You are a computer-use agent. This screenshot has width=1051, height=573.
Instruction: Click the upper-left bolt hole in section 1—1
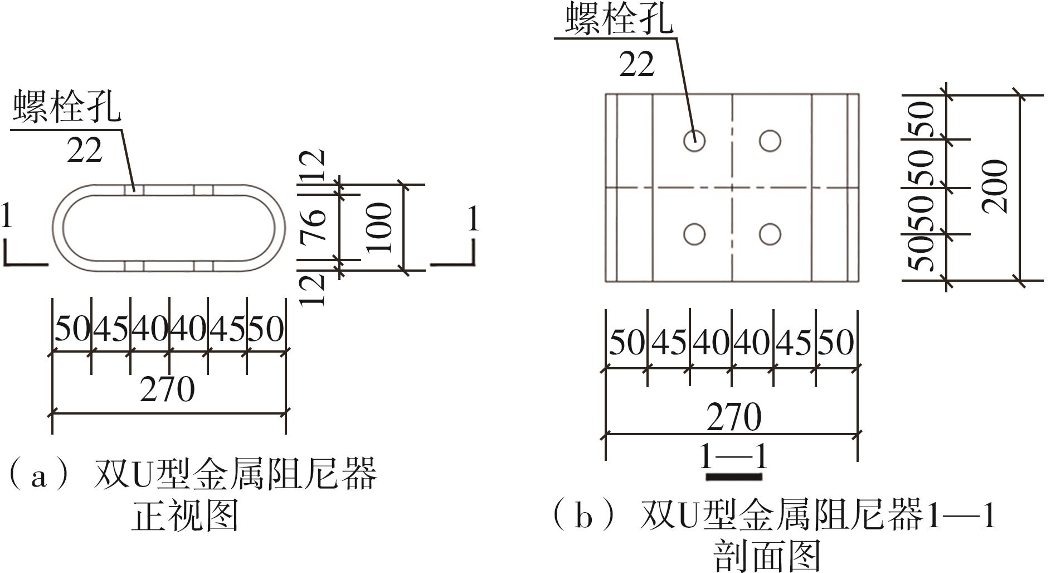[x=694, y=141]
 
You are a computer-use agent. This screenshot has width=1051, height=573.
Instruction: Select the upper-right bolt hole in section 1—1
[x=770, y=141]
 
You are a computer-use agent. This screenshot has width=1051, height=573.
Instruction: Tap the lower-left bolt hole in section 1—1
[x=694, y=234]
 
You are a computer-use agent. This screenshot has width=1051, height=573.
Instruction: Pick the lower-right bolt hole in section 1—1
[x=770, y=234]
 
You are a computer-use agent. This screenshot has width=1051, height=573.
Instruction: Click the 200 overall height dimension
[x=995, y=187]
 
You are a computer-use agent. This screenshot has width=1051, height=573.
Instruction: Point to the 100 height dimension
[x=381, y=228]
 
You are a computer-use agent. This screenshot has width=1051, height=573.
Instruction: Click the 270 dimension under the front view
[x=167, y=390]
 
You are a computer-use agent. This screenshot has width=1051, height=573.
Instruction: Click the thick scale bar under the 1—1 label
[x=733, y=476]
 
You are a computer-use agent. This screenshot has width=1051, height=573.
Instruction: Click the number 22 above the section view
[x=636, y=65]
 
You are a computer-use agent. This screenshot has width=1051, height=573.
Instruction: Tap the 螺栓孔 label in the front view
[x=67, y=106]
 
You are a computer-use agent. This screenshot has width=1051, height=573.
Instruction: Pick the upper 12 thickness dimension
[x=313, y=166]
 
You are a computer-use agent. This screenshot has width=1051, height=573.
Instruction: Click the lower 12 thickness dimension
[x=313, y=289]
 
